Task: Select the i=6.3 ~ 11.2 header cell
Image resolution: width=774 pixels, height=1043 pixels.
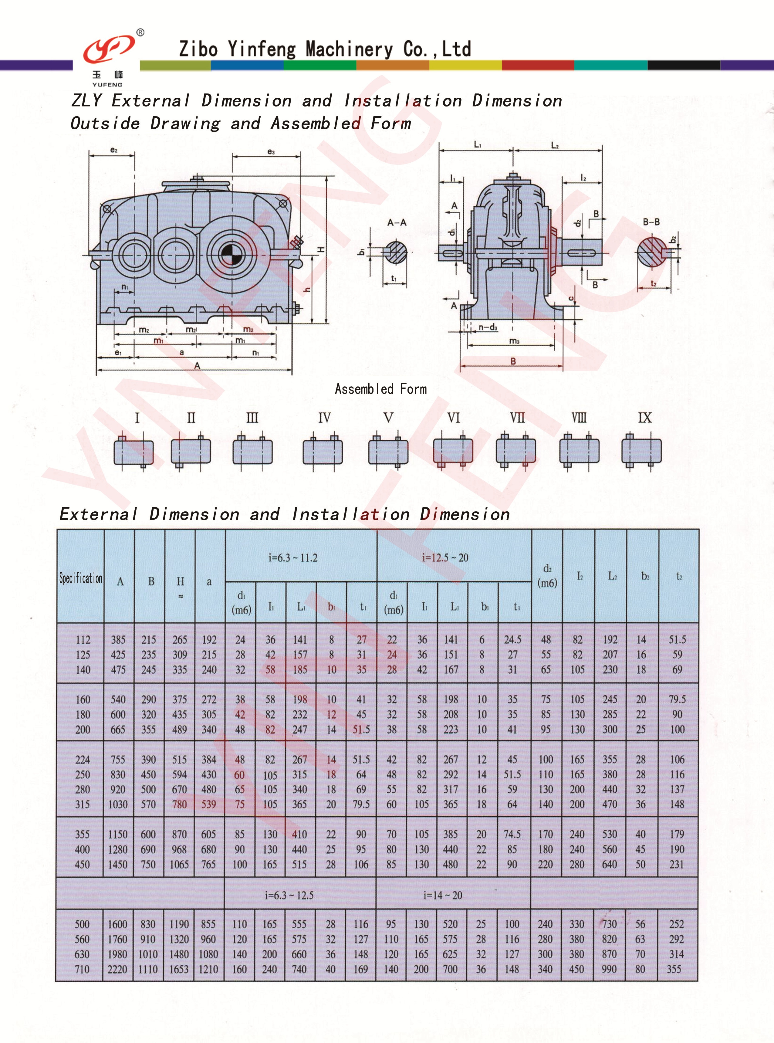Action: coord(293,557)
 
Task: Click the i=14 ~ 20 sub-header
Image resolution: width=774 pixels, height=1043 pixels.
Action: coord(442,896)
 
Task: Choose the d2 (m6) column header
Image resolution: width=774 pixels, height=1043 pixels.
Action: coord(547,576)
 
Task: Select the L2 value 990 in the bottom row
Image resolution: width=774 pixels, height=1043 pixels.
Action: coord(609,969)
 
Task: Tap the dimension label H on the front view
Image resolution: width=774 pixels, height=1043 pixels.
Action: coord(321,249)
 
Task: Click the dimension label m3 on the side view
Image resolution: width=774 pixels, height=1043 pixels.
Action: coord(514,341)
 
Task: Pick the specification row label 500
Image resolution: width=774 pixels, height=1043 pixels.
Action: coord(82,924)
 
